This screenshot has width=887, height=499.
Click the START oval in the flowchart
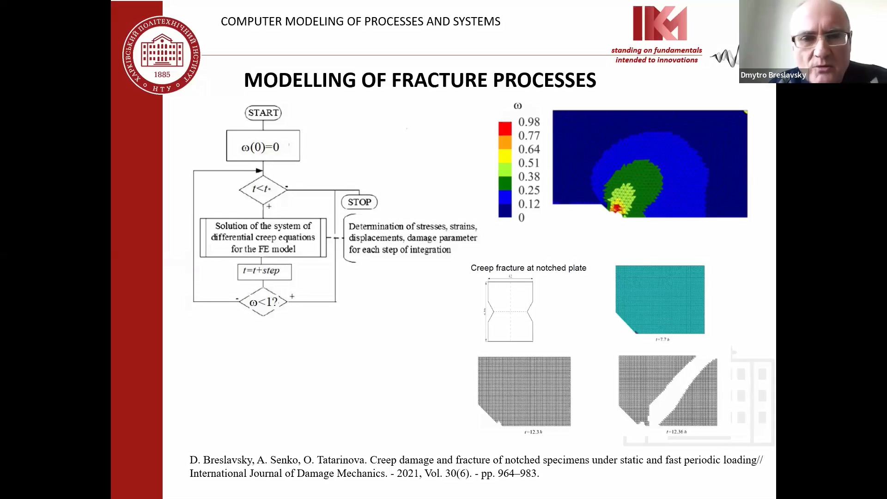[263, 113]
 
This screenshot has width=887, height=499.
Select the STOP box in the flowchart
[359, 202]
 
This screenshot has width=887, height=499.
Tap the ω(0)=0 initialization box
[263, 146]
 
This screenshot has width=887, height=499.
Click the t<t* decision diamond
[262, 189]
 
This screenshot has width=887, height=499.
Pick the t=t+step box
[264, 271]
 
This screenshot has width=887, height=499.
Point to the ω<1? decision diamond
[263, 302]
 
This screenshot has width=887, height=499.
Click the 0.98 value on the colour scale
[529, 122]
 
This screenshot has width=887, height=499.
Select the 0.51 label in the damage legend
[529, 163]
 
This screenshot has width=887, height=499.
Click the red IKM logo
[659, 23]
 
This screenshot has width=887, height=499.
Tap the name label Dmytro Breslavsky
[773, 75]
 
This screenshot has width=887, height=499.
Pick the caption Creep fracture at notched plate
[528, 268]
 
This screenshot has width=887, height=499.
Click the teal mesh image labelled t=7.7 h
[660, 299]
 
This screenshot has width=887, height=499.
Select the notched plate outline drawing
[510, 311]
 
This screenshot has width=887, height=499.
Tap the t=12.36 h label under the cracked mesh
[676, 432]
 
